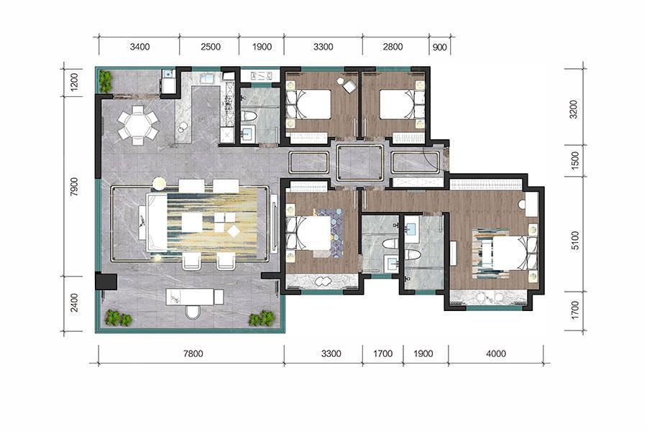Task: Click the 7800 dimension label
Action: click(193, 353)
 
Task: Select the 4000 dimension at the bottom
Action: click(496, 353)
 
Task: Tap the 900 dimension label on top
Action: click(440, 47)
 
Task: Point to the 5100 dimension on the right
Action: click(575, 241)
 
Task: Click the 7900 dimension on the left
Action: click(74, 187)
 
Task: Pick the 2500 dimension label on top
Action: click(211, 47)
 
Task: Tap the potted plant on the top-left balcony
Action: click(106, 81)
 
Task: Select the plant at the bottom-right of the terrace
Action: click(261, 318)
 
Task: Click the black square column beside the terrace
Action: click(106, 281)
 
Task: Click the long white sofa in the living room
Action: click(157, 223)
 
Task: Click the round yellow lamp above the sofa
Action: click(159, 184)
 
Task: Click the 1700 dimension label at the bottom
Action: click(382, 353)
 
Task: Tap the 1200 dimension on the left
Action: click(74, 82)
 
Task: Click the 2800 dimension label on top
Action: click(393, 47)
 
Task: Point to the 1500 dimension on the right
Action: click(575, 160)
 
